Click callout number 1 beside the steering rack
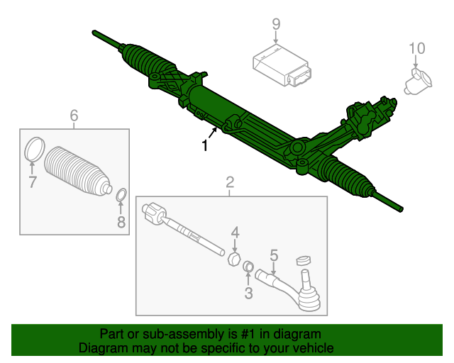(x=205, y=147)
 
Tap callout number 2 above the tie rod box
(x=230, y=183)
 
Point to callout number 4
(x=235, y=232)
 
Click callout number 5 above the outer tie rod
(x=274, y=255)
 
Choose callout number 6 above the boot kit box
(x=74, y=116)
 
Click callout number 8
(x=121, y=223)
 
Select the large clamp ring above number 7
(x=33, y=151)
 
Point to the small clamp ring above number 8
(x=121, y=194)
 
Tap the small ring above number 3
(x=249, y=267)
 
